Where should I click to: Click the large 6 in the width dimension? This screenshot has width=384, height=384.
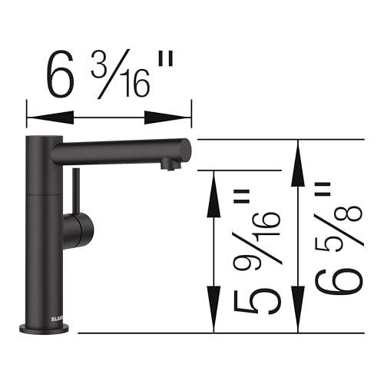61,75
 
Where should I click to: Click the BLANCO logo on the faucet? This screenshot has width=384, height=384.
38,313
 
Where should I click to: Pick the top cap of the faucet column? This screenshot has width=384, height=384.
43,137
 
